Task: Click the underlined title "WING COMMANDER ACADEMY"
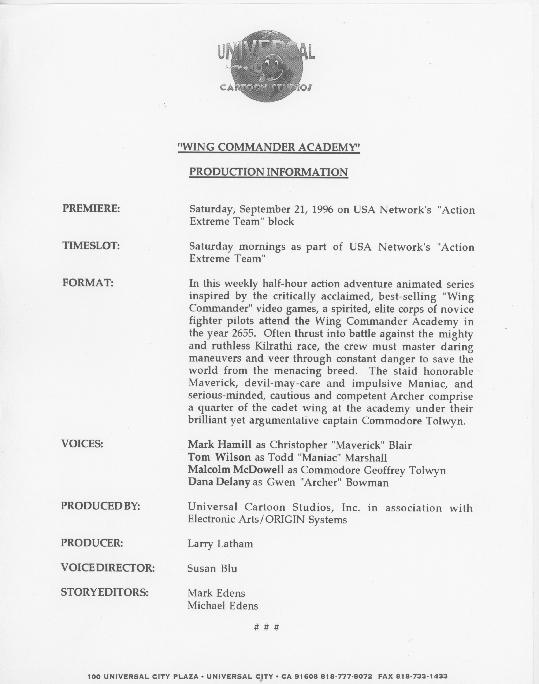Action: point(269,147)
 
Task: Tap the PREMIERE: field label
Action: point(91,209)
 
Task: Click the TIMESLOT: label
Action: point(91,246)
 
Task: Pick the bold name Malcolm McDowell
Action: point(236,470)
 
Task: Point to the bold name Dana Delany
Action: point(219,482)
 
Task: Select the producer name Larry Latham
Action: point(220,544)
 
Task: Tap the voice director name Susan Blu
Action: point(212,569)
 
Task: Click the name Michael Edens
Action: point(223,605)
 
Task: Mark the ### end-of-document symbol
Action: point(267,627)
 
